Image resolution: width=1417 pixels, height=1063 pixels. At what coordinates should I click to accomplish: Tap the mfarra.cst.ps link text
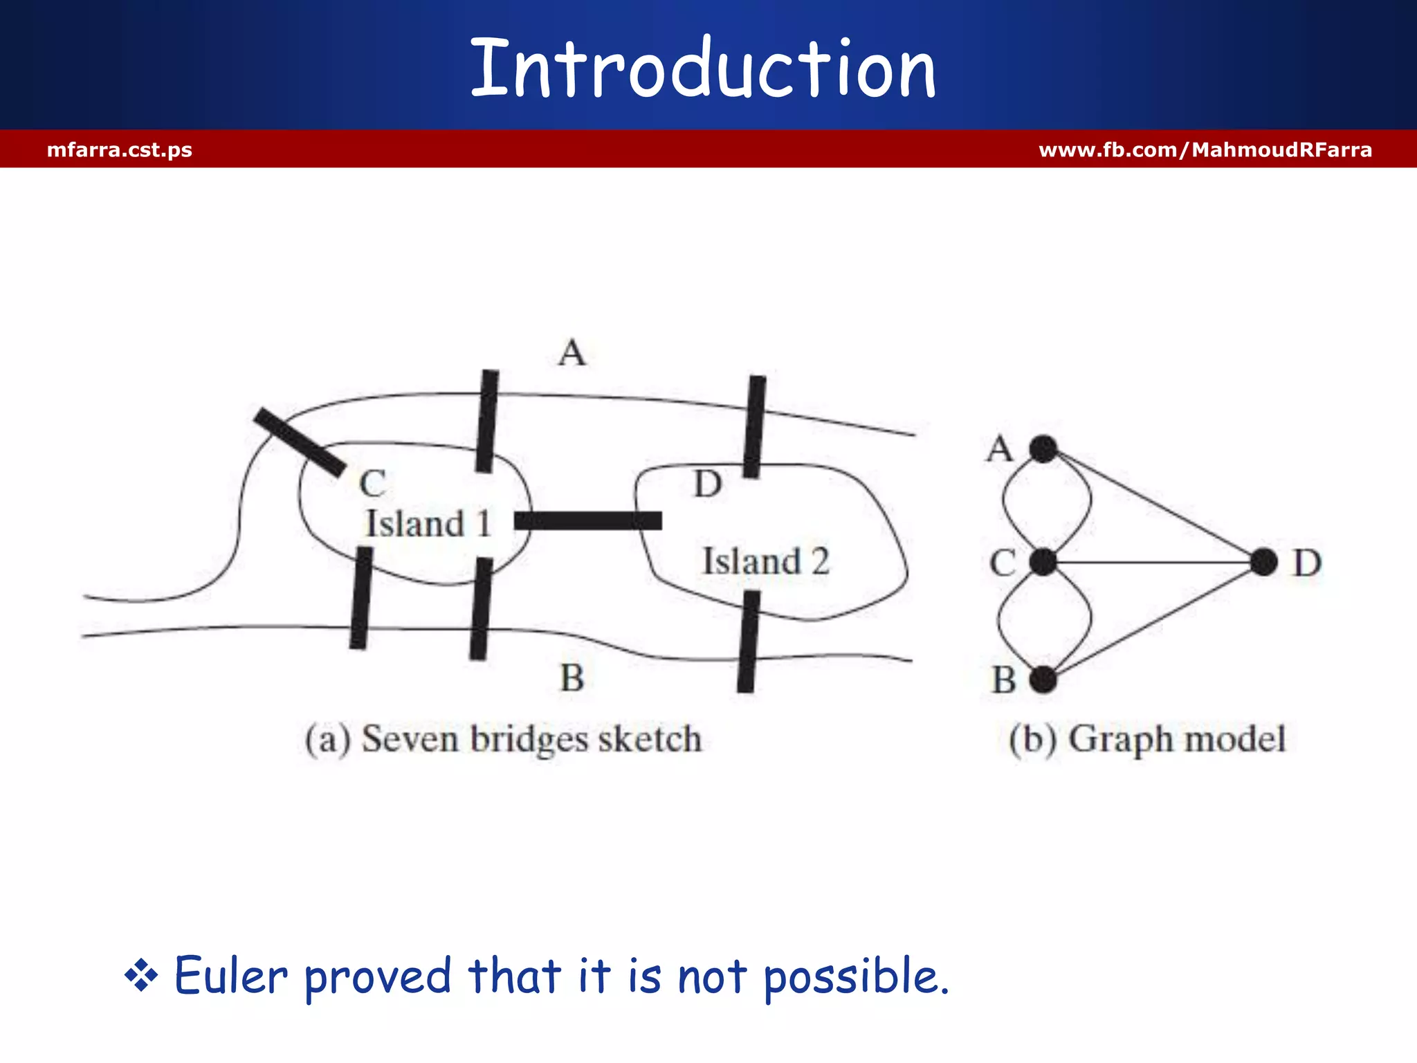(119, 149)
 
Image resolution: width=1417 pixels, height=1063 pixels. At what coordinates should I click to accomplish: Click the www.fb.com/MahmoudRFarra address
(1205, 149)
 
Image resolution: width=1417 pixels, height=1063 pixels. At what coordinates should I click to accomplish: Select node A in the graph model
(1043, 449)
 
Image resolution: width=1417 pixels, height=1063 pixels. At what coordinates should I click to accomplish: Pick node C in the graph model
(1043, 562)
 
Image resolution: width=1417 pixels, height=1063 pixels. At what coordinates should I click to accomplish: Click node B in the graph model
(1043, 680)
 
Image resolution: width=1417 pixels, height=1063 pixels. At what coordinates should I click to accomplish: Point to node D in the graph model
(1263, 562)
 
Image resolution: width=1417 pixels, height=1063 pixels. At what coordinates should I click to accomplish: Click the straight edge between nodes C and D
(1153, 562)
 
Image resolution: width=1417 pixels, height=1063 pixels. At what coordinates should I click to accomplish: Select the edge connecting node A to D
(1153, 506)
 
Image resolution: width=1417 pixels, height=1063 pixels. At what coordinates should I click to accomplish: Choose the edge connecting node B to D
(1153, 621)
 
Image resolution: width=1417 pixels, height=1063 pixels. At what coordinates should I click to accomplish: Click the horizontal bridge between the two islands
(588, 520)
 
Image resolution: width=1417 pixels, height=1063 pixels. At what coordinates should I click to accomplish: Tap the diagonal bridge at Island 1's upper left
(300, 442)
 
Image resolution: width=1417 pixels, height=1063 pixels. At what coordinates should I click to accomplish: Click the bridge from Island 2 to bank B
(748, 642)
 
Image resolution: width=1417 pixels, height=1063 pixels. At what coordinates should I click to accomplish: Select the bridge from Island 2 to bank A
(754, 427)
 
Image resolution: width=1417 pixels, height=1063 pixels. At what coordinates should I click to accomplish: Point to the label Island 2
(765, 561)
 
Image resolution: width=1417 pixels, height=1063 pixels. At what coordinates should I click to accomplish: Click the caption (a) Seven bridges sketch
(503, 739)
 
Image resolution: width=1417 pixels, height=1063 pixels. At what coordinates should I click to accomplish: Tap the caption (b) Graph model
(1146, 739)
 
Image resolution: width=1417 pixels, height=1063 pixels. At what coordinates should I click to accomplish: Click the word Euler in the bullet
(230, 976)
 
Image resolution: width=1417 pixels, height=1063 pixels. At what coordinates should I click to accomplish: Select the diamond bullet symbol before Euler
(141, 976)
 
